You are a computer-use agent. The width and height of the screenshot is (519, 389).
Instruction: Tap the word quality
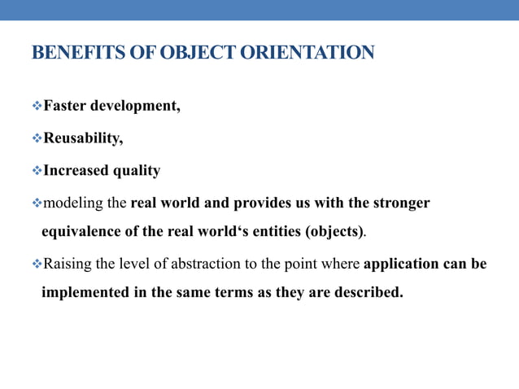(137, 171)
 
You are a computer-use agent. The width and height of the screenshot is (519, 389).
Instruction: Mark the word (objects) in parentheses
(334, 231)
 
